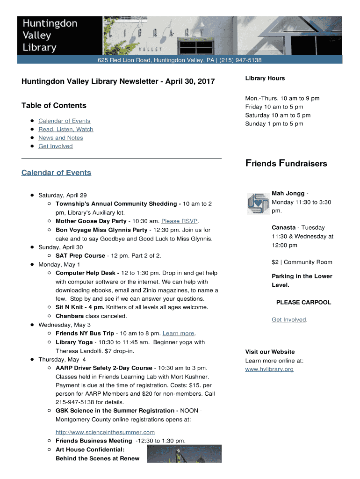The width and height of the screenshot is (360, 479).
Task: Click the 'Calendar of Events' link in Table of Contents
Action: [x=65, y=121]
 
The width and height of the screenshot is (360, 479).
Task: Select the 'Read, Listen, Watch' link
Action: [x=66, y=130]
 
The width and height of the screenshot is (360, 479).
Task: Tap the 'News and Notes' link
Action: [x=61, y=138]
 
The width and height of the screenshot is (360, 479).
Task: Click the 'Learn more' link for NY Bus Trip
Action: [x=178, y=334]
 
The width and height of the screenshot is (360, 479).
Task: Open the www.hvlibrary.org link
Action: [x=269, y=370]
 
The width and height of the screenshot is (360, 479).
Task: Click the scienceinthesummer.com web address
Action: [x=105, y=432]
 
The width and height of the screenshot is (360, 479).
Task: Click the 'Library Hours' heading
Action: [x=265, y=79]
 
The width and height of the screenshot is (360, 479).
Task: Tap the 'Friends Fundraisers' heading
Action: [x=286, y=164]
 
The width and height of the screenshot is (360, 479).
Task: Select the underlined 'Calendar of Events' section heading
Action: [x=56, y=173]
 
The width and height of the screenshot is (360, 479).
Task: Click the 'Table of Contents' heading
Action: [x=54, y=106]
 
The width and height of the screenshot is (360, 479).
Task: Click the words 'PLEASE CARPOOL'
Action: [x=303, y=303]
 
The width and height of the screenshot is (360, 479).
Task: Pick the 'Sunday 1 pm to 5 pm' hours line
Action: [x=274, y=124]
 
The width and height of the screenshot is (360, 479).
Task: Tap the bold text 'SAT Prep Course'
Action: [x=80, y=256]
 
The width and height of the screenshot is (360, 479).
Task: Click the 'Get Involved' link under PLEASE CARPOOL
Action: [x=289, y=320]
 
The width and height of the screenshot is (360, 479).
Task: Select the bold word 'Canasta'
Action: [x=283, y=228]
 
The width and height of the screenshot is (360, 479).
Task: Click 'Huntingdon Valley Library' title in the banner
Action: [x=50, y=35]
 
